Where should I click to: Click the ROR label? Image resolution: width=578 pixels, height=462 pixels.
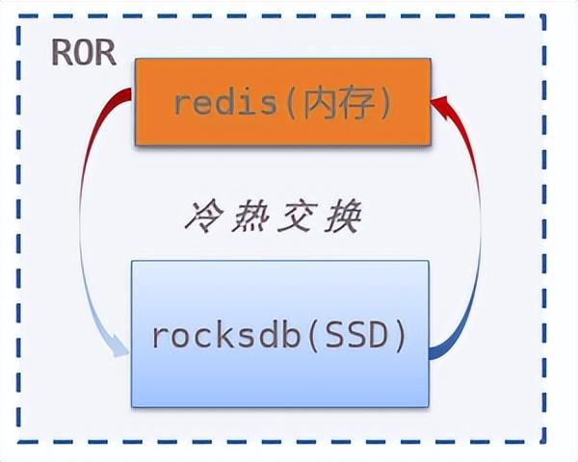coord(84,53)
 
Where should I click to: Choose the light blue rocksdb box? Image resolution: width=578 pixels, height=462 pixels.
coord(278,330)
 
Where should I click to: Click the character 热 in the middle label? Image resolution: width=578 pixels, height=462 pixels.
coord(251,218)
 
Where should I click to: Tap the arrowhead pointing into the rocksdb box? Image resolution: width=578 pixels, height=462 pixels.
coord(119,345)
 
